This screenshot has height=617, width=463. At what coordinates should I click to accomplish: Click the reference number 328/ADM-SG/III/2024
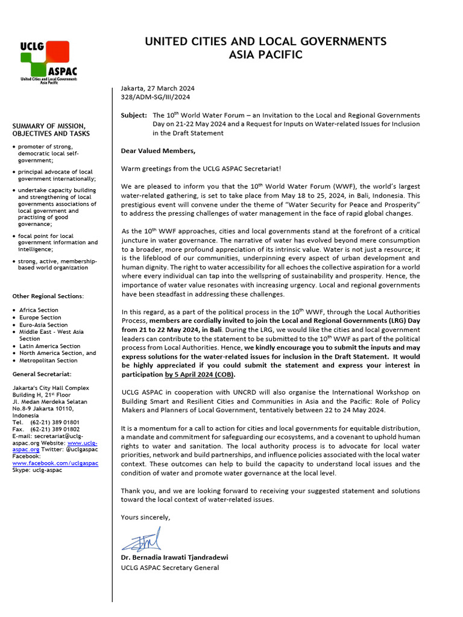tap(156, 96)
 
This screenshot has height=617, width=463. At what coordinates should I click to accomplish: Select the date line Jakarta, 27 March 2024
tap(159, 88)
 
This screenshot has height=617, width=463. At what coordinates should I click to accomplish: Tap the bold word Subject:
tap(134, 115)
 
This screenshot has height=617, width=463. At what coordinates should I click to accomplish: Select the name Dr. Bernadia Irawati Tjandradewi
tap(174, 557)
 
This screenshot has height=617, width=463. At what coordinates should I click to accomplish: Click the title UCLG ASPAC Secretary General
tap(170, 568)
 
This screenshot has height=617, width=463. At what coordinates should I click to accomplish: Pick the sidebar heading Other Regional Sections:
tap(48, 296)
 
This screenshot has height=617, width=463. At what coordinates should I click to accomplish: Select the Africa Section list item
tap(39, 310)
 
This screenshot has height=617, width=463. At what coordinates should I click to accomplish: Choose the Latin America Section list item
tap(49, 346)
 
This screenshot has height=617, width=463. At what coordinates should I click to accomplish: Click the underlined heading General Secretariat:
tap(41, 374)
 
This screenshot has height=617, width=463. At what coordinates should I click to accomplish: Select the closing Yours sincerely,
tap(146, 517)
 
